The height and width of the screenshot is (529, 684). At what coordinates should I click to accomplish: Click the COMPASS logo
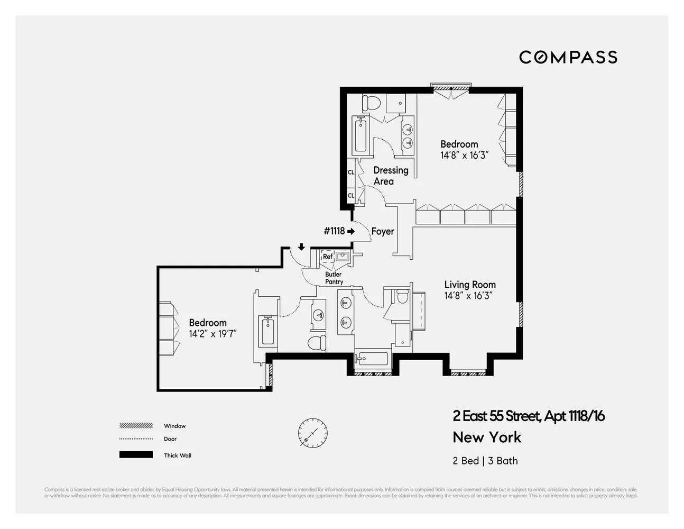(568, 57)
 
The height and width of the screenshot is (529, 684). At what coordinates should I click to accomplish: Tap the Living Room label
(469, 285)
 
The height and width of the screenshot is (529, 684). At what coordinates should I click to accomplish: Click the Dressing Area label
(391, 176)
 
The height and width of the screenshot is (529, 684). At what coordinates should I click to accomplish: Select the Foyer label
(382, 231)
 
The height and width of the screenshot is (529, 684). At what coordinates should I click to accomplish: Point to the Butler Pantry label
(334, 278)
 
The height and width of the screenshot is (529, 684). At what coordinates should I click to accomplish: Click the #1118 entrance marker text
(334, 231)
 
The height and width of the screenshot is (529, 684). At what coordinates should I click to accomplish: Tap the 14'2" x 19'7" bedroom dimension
(212, 334)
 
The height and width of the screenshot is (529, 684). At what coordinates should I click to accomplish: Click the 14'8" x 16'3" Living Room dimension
(468, 296)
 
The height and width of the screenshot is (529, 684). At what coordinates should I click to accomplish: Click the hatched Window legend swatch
(136, 426)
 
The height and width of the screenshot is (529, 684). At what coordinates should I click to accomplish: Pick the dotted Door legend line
(136, 439)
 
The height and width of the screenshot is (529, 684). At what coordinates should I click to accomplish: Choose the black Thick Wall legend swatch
(136, 455)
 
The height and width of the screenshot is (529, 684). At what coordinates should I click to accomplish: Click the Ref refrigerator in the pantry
(327, 257)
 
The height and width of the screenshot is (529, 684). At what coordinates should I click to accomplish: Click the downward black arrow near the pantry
(301, 247)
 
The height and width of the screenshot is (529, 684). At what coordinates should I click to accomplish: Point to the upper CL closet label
(351, 172)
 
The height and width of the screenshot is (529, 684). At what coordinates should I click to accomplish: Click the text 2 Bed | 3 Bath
(485, 461)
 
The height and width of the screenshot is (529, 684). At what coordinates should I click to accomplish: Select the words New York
(487, 437)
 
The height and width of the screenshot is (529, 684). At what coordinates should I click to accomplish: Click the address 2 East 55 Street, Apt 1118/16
(528, 416)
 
